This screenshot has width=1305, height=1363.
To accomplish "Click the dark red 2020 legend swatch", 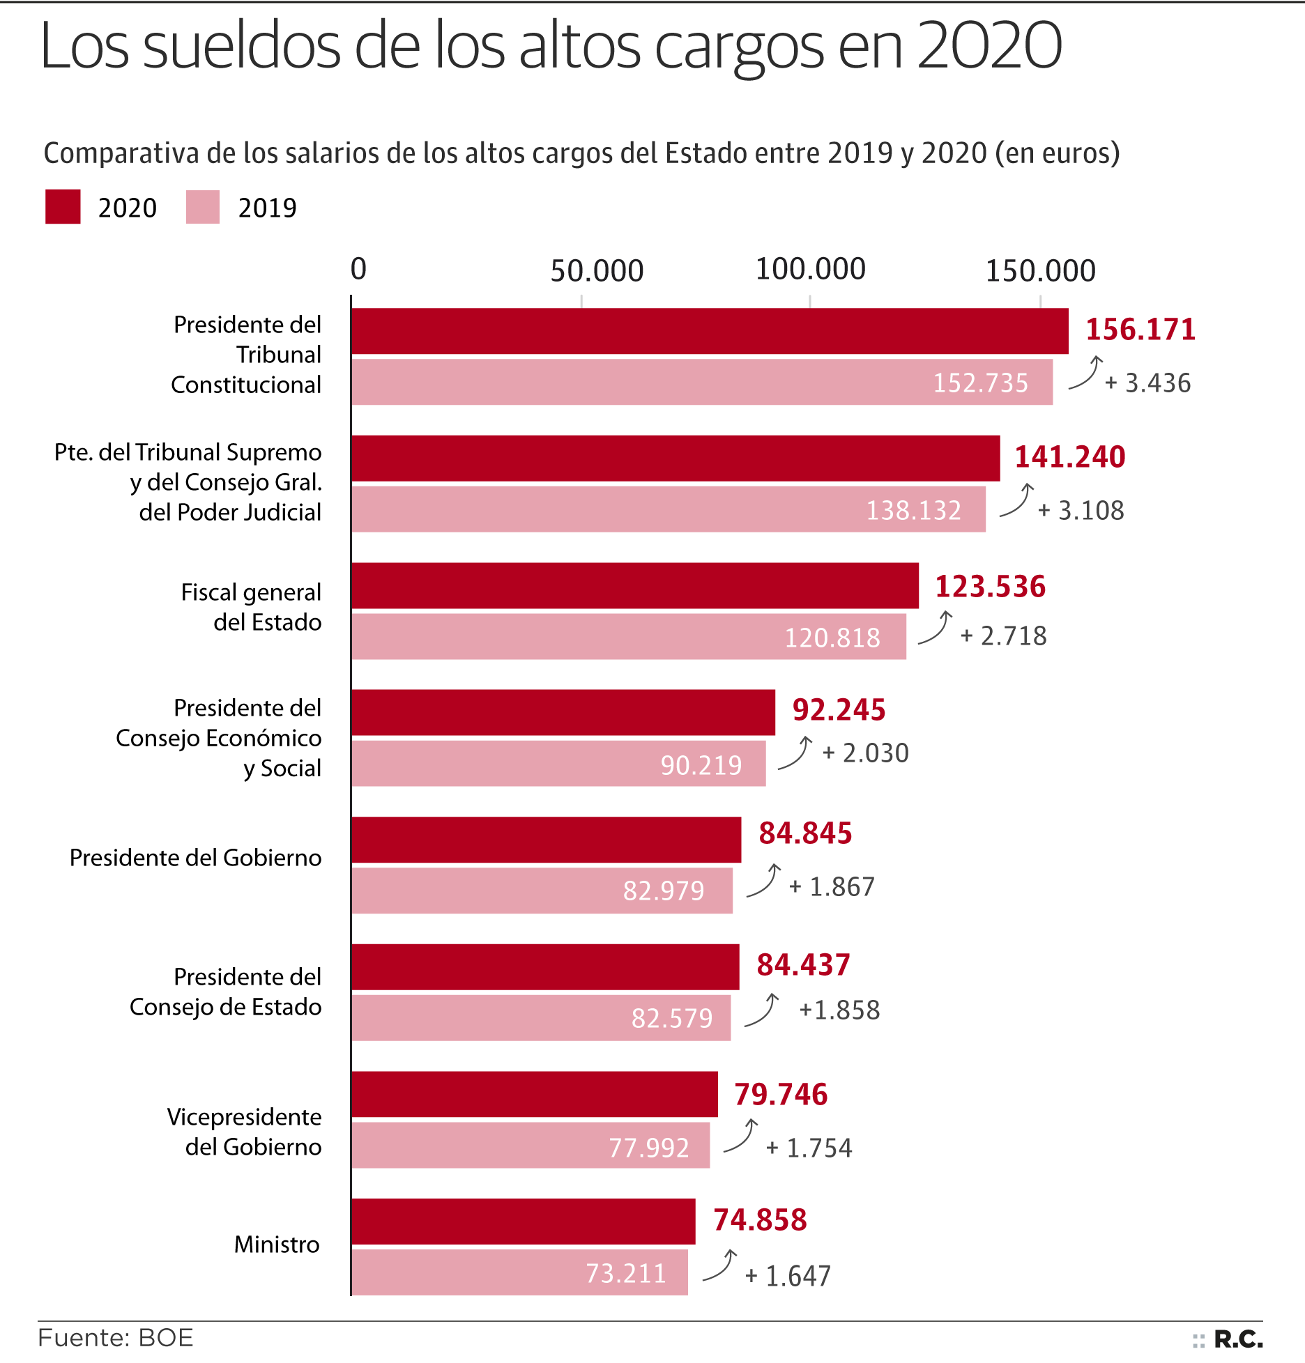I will click(63, 207).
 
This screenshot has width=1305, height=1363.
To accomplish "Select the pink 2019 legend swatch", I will click(203, 207).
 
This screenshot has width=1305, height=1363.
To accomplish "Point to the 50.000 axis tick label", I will click(597, 270).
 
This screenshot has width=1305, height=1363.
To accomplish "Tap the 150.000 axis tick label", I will click(1040, 270).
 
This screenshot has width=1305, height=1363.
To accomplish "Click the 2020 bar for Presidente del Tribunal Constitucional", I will click(710, 331).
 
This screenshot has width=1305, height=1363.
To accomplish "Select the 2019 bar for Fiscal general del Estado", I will click(628, 636).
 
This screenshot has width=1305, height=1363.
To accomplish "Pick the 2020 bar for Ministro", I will click(523, 1222).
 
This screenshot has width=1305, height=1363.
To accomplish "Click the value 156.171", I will click(1140, 330).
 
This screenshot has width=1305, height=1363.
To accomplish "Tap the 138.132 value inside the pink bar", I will click(913, 510).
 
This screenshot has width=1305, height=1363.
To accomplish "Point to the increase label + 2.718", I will click(1003, 636).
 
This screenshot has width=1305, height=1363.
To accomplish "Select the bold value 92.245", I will click(839, 709).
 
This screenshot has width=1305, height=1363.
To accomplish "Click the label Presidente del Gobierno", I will click(195, 857).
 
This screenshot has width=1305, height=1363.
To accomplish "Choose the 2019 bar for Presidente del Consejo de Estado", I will click(541, 1018).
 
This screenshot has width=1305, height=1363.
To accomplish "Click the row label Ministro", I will click(277, 1245).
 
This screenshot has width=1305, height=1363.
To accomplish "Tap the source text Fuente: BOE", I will click(116, 1339).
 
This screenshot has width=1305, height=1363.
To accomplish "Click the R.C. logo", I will click(1237, 1339).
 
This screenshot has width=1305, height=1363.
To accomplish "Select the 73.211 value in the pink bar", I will click(626, 1273).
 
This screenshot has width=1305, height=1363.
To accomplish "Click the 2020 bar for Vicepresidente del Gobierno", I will click(534, 1094).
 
